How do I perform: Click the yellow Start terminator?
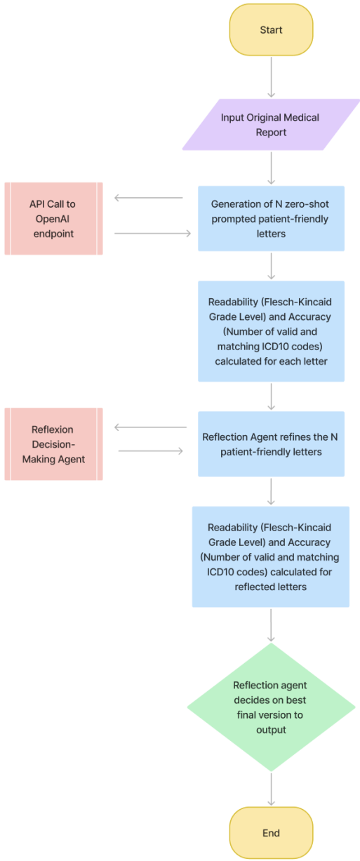point(271,29)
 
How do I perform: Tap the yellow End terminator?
point(271,832)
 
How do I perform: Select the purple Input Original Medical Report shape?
point(271,124)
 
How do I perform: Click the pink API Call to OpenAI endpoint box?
point(53,219)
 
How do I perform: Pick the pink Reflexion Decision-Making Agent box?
point(53,444)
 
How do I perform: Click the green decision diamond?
point(271,707)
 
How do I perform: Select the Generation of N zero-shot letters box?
point(271,219)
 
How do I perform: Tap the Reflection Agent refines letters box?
point(271,444)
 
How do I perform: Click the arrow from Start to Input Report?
point(272,77)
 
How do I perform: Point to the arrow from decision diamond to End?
point(272,789)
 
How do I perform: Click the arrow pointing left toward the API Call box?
point(149,198)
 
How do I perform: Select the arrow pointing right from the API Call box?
point(152,233)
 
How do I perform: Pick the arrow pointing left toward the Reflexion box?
point(151,427)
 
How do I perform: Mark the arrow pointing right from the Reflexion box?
point(151,451)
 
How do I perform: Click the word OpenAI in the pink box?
point(53,219)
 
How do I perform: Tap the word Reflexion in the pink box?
point(52,429)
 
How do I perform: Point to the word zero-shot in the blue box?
point(307,204)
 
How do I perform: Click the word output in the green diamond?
point(271,730)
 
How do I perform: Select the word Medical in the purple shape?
point(304,118)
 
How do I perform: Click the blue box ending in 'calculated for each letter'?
point(271,331)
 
